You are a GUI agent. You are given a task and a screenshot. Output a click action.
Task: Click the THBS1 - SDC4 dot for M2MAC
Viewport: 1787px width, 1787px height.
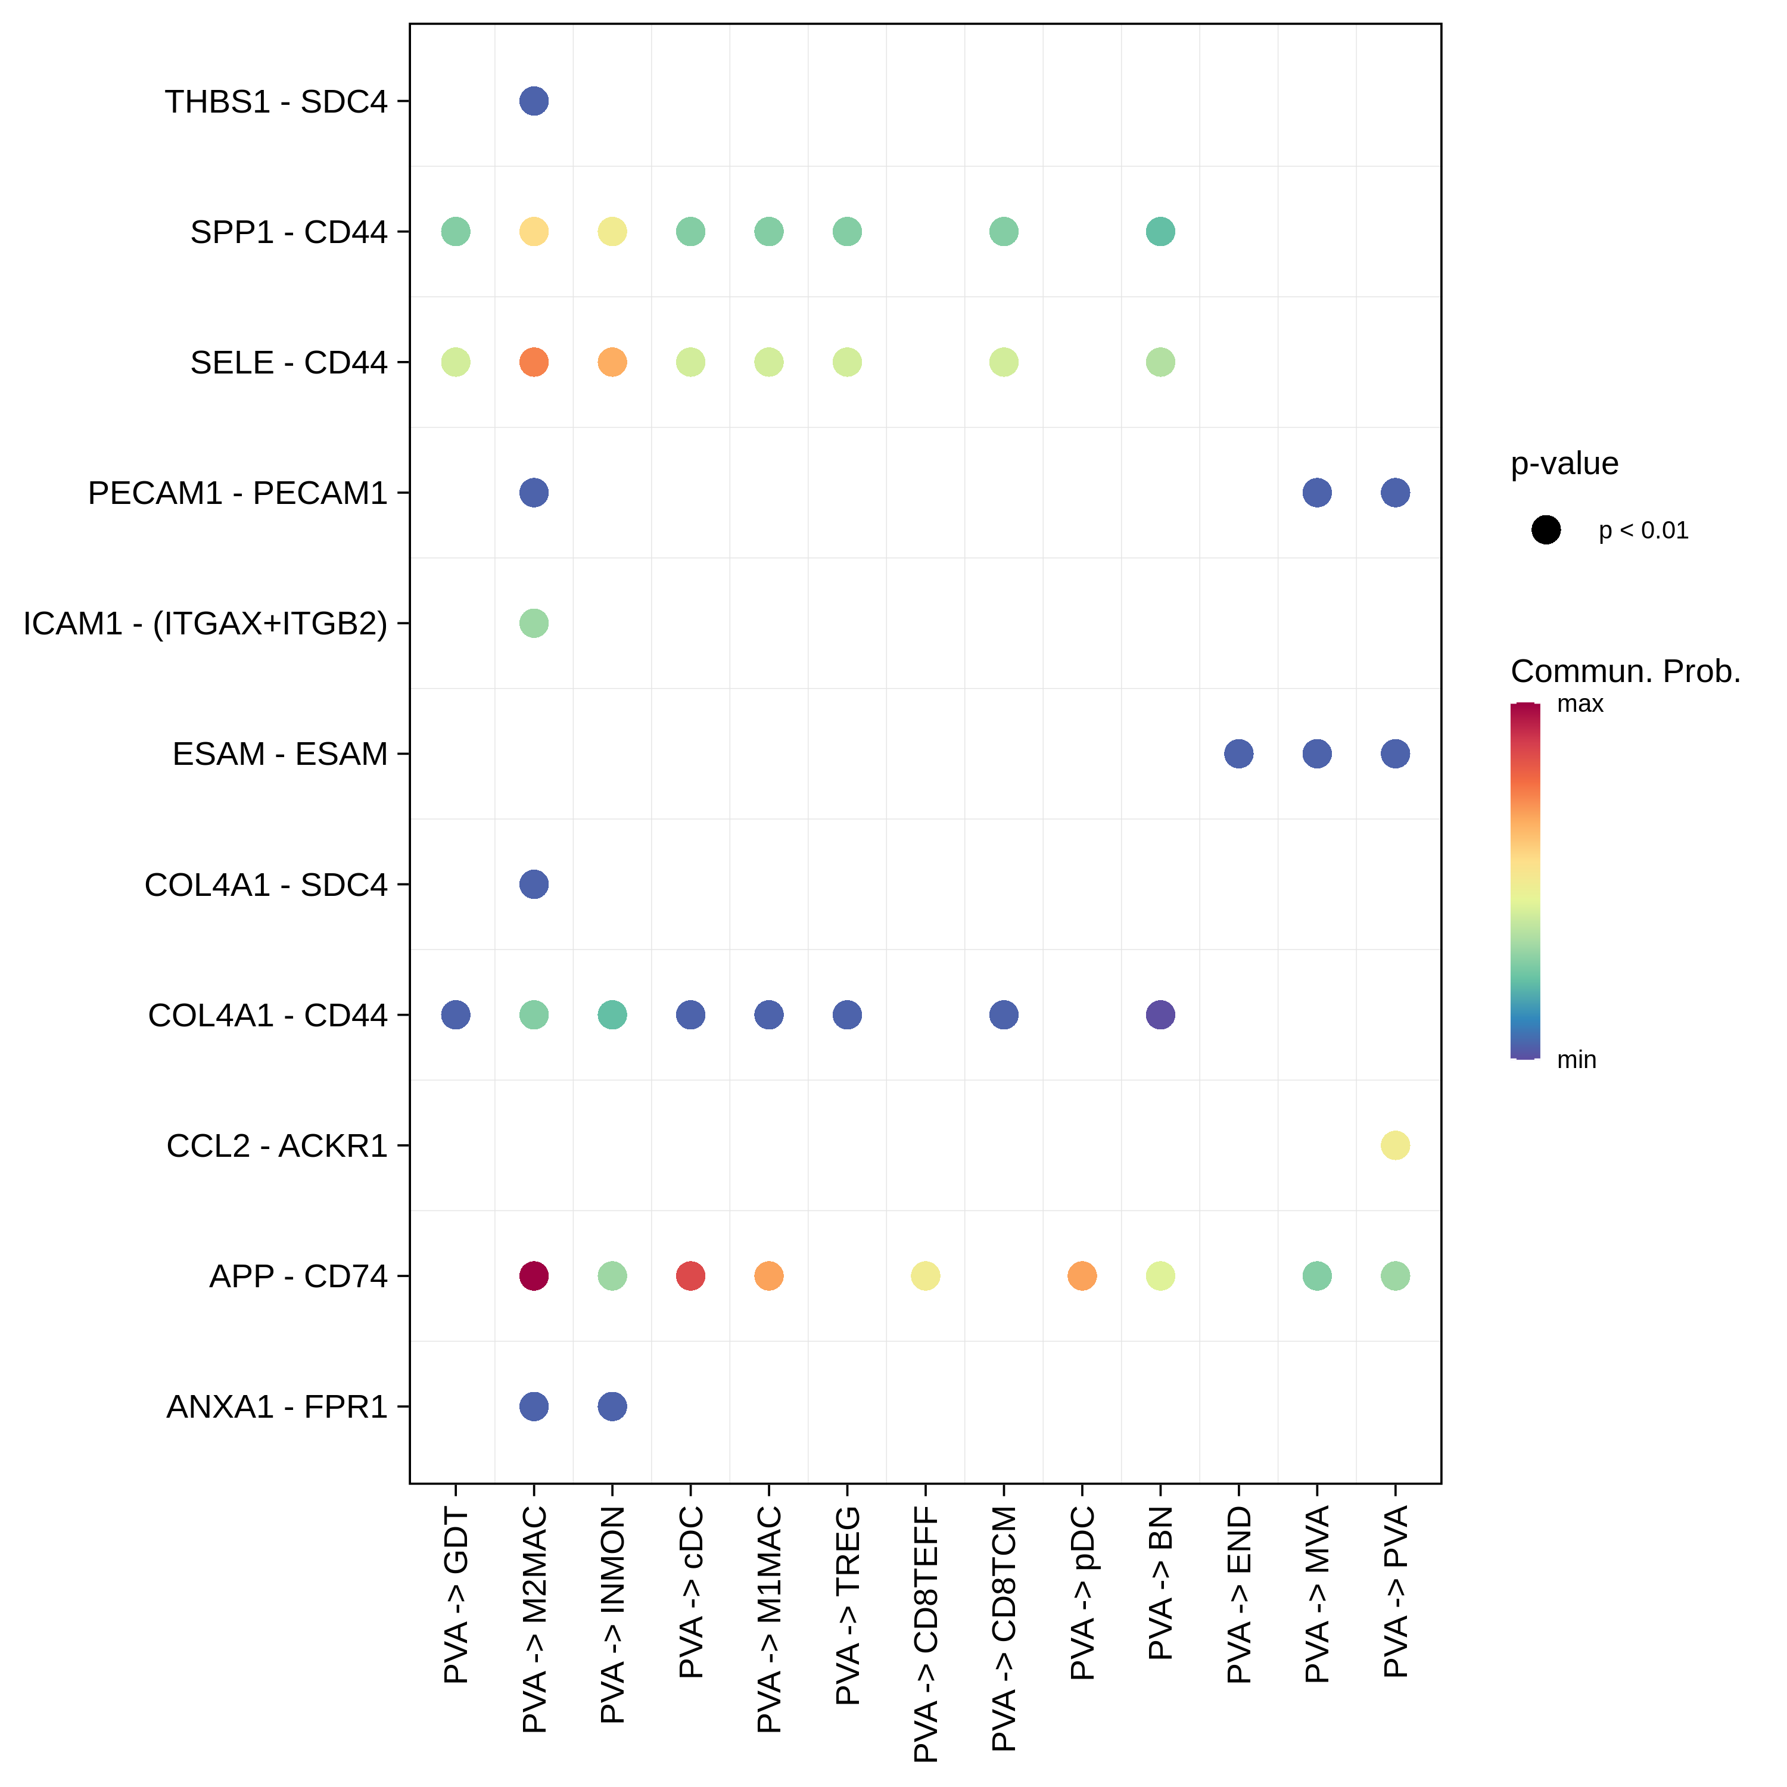point(534,101)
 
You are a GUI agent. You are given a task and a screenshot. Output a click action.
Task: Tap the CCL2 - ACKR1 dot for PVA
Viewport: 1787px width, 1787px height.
point(1395,1145)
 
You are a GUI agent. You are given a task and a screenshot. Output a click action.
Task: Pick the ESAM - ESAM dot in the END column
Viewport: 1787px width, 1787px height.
point(1238,754)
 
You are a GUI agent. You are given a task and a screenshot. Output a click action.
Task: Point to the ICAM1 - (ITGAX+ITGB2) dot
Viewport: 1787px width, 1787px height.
point(534,624)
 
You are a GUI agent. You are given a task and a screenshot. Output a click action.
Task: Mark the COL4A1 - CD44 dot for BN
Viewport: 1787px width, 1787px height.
point(1160,1014)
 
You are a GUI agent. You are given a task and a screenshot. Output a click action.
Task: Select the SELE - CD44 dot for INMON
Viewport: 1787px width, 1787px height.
point(612,362)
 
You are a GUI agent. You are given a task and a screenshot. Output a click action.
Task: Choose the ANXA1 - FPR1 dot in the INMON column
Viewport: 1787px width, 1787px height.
point(612,1407)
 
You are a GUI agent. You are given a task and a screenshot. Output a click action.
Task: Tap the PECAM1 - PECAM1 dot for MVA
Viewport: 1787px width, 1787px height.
point(1317,493)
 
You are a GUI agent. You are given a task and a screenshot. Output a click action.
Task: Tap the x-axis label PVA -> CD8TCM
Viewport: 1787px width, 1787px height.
point(1004,1629)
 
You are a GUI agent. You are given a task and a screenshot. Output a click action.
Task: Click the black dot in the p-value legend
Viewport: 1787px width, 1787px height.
point(1546,530)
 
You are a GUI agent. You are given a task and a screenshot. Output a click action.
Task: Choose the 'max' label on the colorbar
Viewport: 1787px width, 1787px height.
point(1580,704)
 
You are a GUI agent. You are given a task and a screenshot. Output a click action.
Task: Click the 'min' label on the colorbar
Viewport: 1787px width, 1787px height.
point(1576,1060)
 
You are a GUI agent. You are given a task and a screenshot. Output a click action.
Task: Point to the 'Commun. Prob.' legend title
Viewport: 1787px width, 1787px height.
point(1625,671)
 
